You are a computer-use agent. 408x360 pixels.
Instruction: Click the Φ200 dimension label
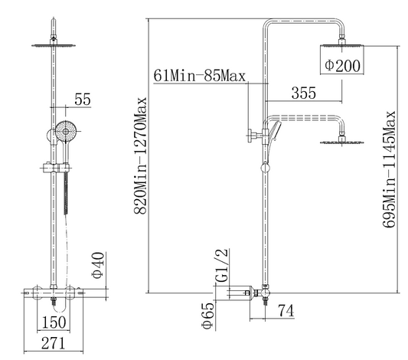[342, 65]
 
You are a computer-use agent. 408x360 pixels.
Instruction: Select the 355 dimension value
[304, 93]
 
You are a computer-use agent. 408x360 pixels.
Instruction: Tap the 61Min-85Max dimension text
[200, 76]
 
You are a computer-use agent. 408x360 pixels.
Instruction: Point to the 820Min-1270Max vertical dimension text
[141, 155]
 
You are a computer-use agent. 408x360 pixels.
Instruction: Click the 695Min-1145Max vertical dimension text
[389, 169]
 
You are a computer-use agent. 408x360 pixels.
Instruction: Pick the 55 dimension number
[83, 99]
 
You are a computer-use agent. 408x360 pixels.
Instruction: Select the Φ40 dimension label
[99, 265]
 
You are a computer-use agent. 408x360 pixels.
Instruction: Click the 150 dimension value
[54, 322]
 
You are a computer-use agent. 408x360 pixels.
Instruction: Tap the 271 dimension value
[53, 343]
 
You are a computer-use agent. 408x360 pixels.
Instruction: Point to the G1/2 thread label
[222, 265]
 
